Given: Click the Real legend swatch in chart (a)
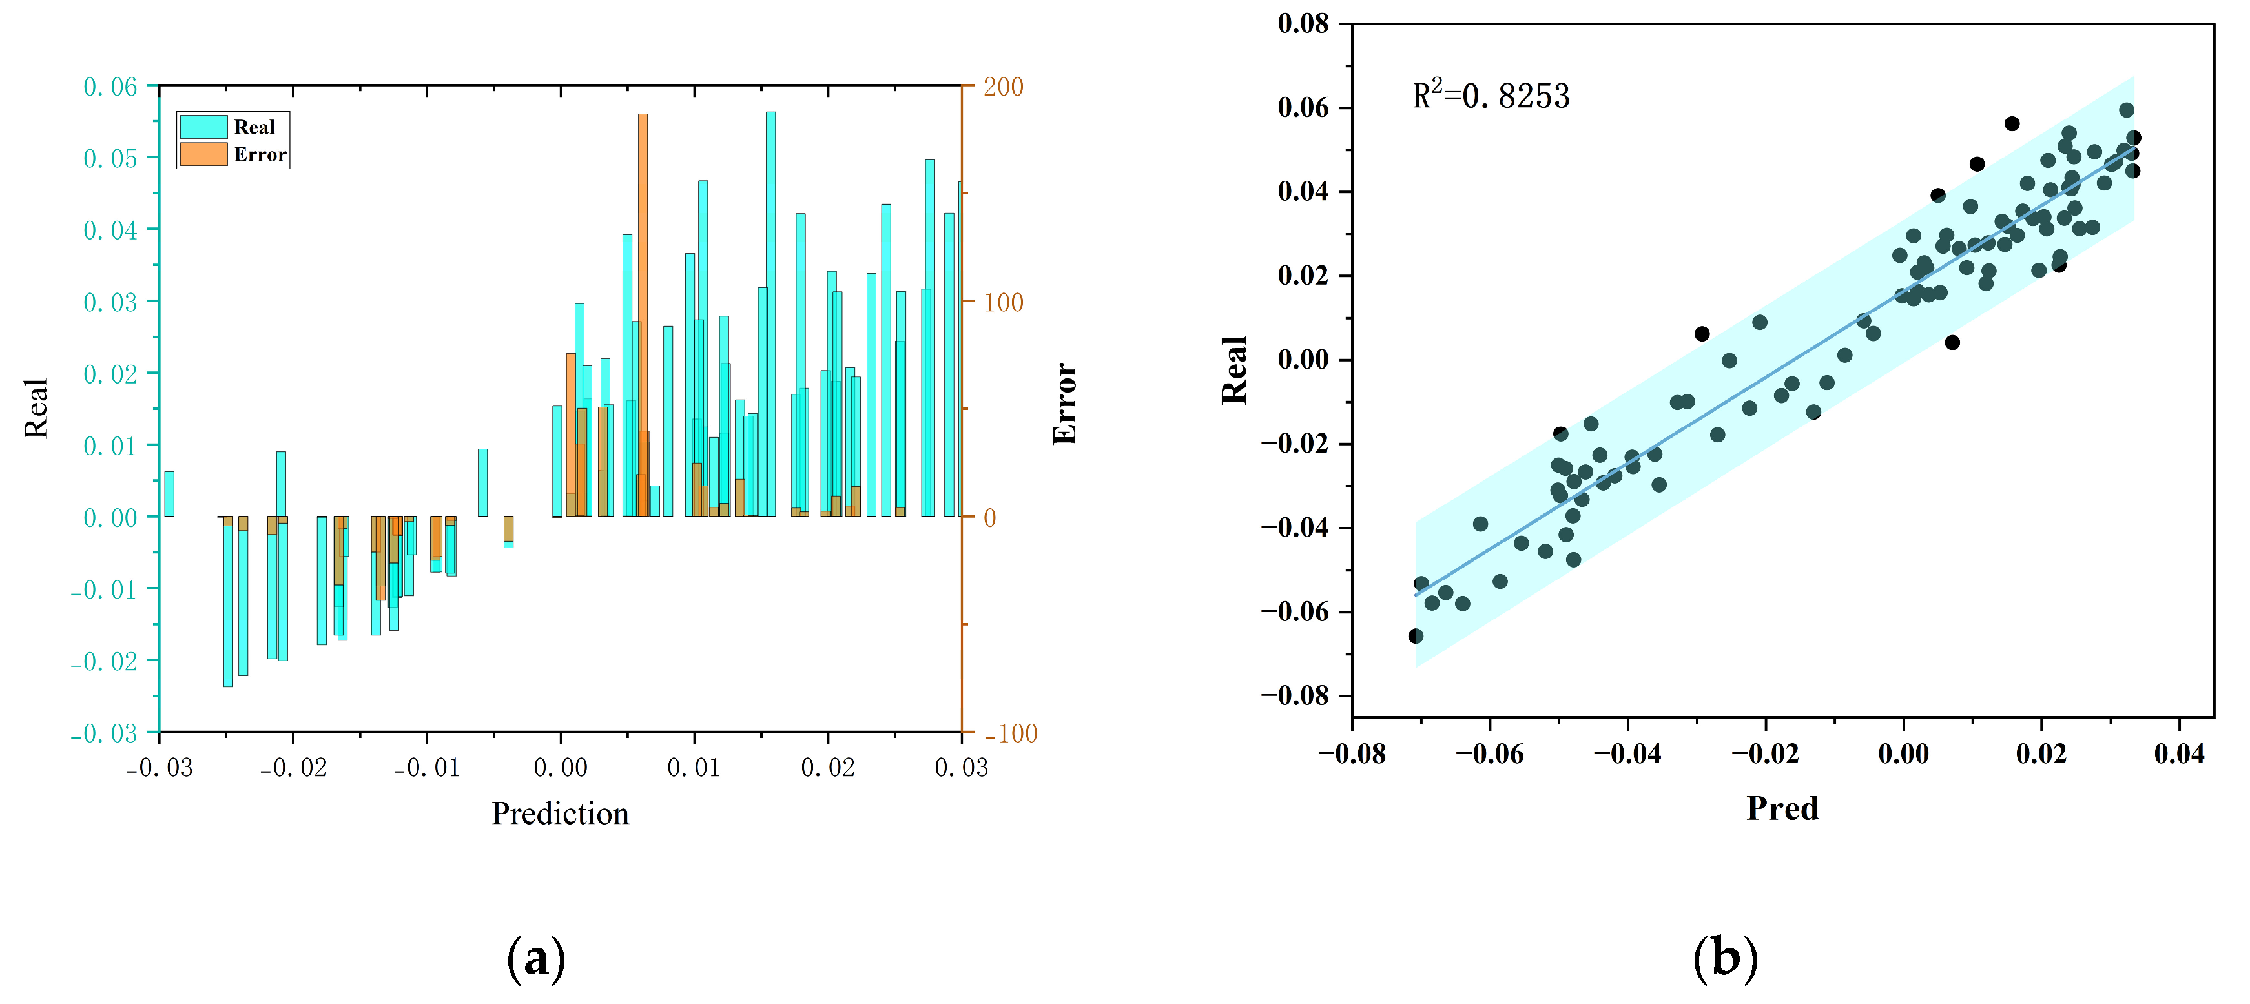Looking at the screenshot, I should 203,127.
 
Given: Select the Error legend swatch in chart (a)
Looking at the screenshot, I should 203,154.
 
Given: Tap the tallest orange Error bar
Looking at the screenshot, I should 643,314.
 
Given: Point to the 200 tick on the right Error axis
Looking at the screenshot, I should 1003,87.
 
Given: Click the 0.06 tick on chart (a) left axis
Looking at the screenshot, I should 110,87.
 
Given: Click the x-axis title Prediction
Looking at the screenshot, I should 560,814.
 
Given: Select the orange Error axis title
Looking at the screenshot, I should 1065,404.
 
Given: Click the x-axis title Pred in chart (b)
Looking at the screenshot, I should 1782,808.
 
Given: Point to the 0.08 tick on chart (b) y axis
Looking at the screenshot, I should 1303,24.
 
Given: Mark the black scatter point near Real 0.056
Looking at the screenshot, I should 2012,124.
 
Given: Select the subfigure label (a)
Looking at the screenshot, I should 535,958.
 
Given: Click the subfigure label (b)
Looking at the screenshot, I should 1724,958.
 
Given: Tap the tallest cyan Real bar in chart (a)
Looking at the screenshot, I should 770,314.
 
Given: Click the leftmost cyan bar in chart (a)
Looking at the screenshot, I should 169,494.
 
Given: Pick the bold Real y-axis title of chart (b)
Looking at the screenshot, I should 1234,370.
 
